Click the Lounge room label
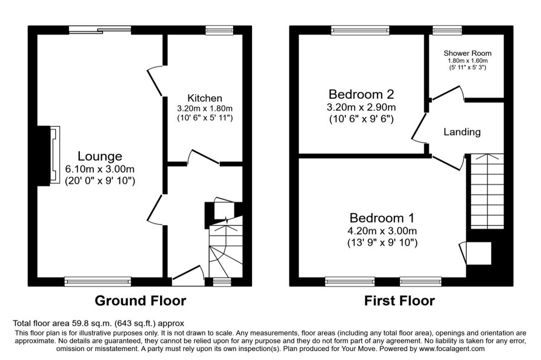point(100,156)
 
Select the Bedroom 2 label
point(362,94)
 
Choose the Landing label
point(462,132)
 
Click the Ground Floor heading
point(140,301)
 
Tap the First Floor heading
point(399,301)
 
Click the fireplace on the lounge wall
point(54,154)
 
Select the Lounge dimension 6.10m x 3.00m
point(100,169)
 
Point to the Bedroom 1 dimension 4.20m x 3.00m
point(383,231)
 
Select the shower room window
point(443,30)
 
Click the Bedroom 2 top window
point(360,30)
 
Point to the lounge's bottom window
point(98,282)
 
